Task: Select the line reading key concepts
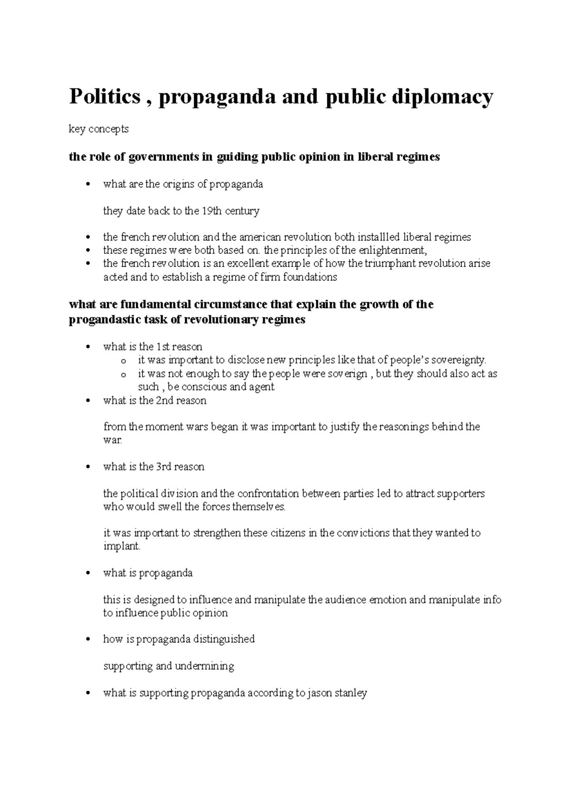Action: [x=98, y=129]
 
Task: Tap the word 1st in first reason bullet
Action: [x=163, y=347]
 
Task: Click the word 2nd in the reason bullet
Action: [x=164, y=401]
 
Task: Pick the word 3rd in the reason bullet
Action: [x=164, y=467]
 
